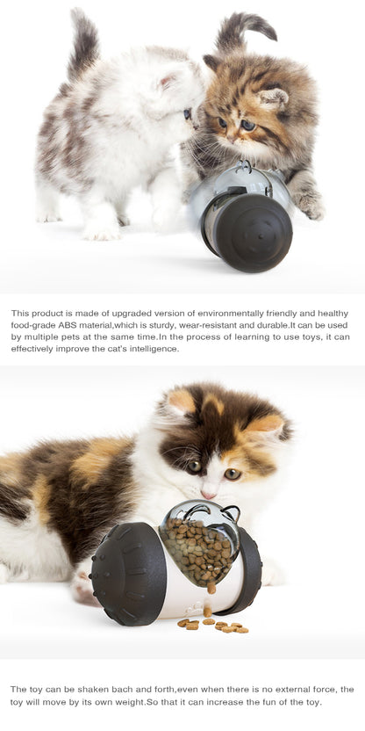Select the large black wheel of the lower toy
click(x=128, y=572)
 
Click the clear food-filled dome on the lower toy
click(x=201, y=545)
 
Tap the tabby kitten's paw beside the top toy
click(x=308, y=206)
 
